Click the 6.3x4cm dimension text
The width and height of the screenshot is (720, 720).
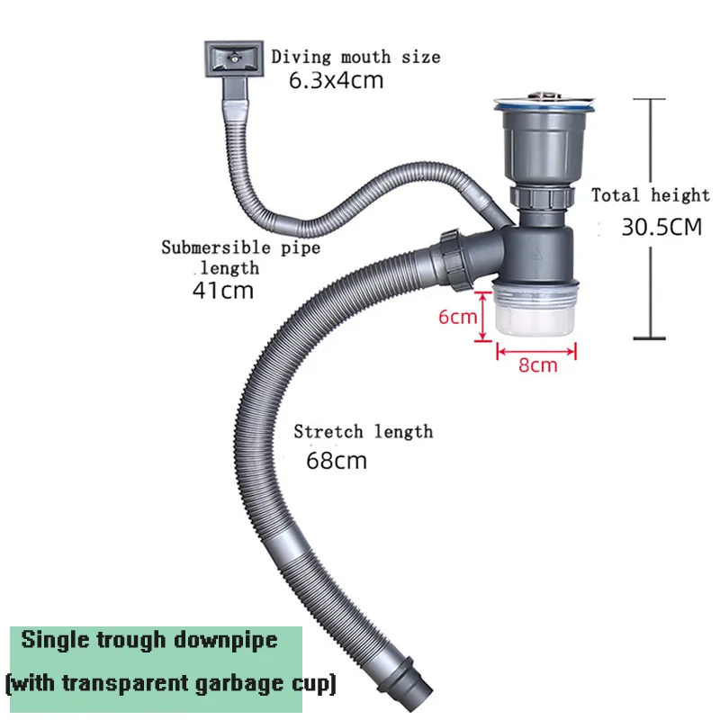[336, 80]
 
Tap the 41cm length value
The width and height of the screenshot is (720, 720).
[222, 290]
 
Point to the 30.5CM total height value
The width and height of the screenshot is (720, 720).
[661, 228]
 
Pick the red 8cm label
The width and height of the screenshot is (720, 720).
[538, 364]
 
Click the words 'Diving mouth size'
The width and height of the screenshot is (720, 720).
[356, 58]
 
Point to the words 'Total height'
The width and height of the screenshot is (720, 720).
[650, 195]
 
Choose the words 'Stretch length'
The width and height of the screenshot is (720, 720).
[363, 432]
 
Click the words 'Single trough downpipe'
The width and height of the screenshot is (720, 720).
[149, 641]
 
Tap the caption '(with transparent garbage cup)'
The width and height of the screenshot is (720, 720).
[170, 683]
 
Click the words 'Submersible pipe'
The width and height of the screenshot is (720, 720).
[240, 247]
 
